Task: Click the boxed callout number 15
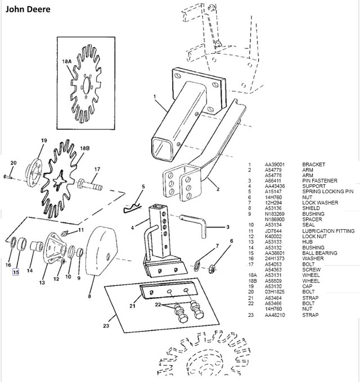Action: (16, 272)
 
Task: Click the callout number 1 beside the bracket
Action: (154, 96)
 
